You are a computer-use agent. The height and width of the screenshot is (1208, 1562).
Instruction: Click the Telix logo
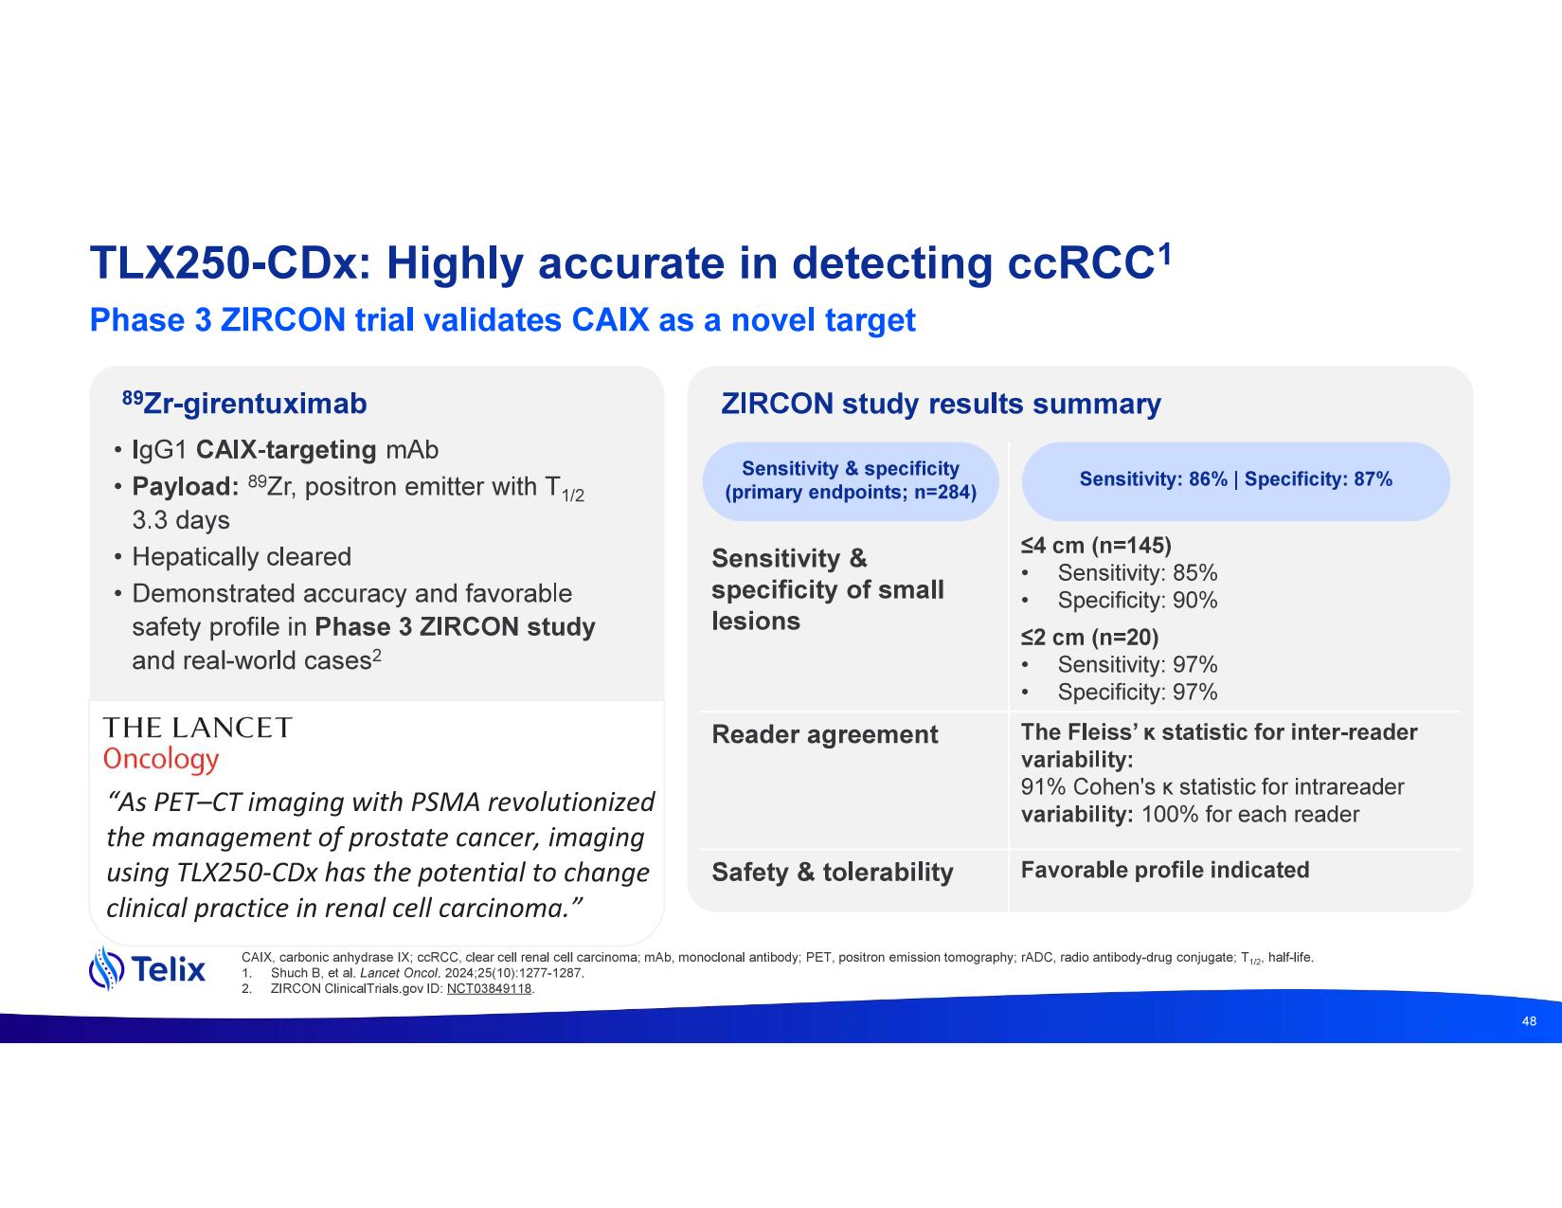[147, 968]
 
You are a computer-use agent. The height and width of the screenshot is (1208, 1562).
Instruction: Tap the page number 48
[1529, 1021]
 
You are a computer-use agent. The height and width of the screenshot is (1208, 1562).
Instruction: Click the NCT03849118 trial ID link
[489, 989]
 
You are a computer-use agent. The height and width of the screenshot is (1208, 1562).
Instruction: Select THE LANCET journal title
[198, 728]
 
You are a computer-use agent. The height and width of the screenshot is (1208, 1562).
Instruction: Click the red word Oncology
[161, 760]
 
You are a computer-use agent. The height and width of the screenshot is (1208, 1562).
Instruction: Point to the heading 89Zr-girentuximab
[244, 404]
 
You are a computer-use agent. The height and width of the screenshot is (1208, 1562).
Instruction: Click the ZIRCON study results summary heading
[941, 404]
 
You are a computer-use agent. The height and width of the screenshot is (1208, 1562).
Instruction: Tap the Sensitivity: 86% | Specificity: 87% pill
[1235, 480]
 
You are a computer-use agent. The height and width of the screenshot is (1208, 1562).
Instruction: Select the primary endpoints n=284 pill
[851, 480]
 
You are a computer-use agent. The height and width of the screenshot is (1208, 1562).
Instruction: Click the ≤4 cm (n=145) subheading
[1096, 546]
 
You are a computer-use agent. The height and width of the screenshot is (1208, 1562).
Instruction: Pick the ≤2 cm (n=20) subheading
[1089, 638]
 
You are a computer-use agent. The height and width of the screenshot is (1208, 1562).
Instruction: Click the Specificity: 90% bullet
[1138, 601]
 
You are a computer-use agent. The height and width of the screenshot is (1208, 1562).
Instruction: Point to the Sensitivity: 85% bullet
[1138, 573]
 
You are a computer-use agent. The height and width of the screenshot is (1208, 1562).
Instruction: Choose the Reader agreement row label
[824, 734]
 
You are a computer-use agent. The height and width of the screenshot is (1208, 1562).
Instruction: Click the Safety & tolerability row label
[833, 873]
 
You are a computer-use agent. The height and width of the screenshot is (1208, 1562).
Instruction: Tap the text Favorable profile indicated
[1165, 871]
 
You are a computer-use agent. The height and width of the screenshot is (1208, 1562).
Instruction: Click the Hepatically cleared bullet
[242, 557]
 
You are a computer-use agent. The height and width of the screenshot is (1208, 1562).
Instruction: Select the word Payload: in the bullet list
[186, 487]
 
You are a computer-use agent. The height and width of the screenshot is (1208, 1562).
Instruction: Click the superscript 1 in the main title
[1164, 253]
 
